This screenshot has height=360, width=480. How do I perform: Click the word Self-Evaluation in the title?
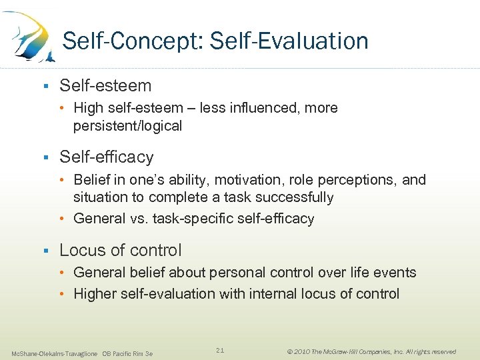tap(289, 41)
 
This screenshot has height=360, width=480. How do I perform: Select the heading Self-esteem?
tap(105, 85)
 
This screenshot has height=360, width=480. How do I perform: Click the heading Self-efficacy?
tap(107, 157)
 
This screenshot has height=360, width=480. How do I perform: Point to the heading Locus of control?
tap(121, 250)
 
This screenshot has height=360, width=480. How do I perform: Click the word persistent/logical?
tap(127, 126)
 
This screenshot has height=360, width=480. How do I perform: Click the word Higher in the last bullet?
tap(95, 294)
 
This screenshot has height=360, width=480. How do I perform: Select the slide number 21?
tap(221, 350)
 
